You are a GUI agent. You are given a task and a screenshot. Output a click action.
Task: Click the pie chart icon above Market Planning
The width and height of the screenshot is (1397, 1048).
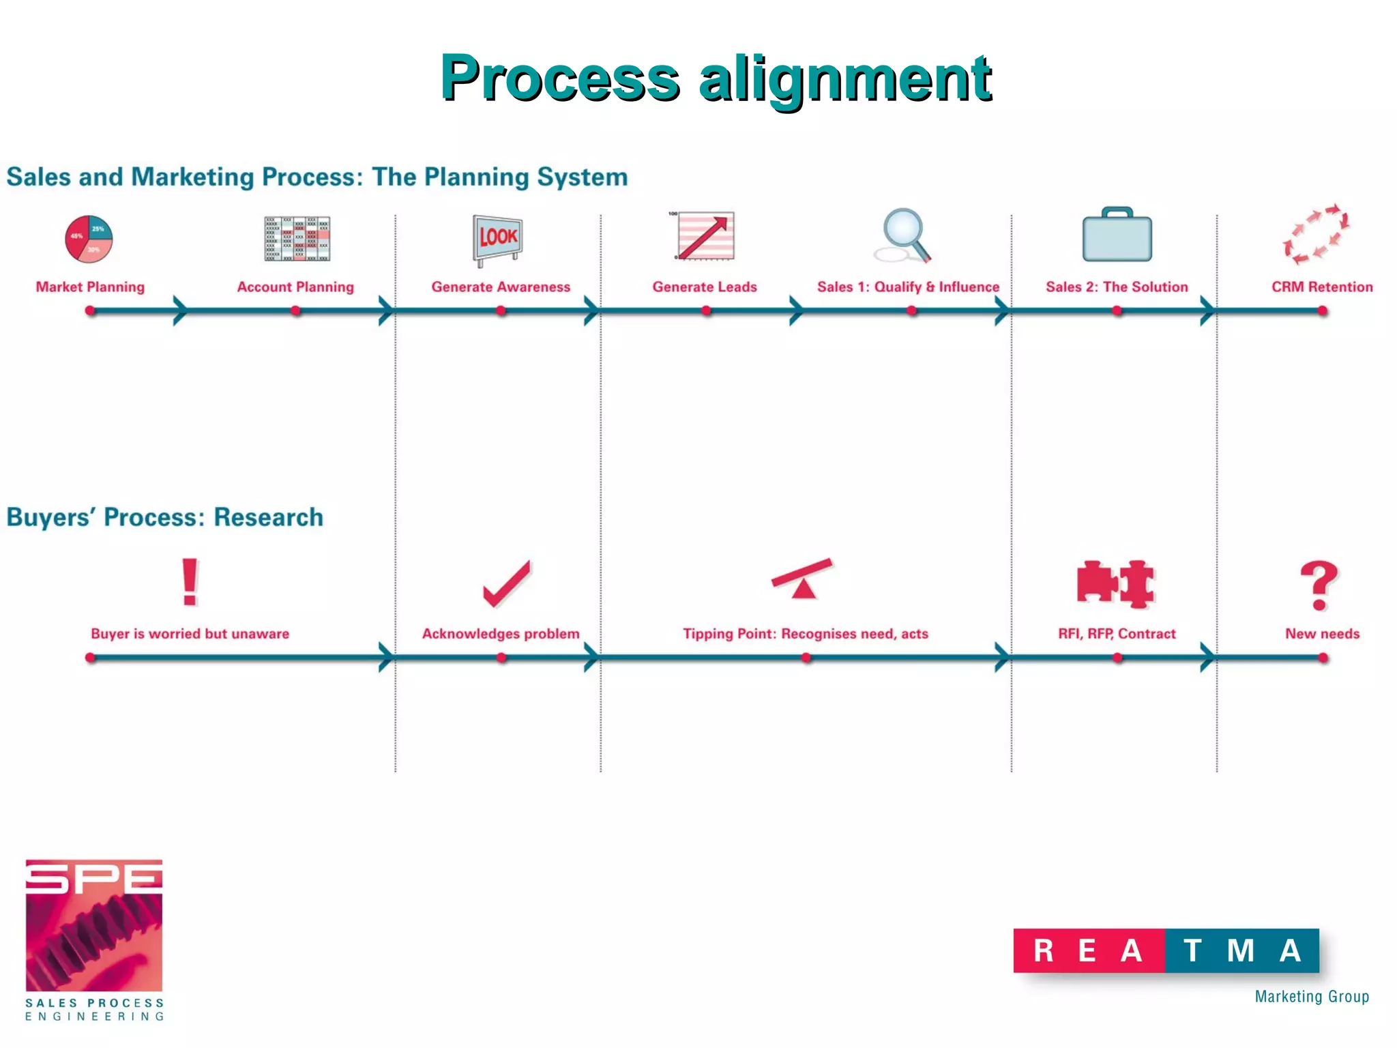coord(89,239)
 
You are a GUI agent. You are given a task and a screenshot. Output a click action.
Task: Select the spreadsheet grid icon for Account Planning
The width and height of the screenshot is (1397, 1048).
coord(297,239)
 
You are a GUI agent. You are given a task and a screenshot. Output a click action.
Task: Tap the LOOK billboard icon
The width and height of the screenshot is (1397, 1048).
coord(498,239)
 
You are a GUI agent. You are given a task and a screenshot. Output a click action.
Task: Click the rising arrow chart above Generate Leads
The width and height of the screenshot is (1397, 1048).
coord(705,236)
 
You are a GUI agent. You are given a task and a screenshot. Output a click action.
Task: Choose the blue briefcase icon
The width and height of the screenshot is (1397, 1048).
coord(1117,235)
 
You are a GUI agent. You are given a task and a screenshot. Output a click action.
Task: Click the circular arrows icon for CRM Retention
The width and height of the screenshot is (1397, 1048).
coord(1317,235)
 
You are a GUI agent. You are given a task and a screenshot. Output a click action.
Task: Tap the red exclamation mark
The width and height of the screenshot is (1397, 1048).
coord(190,582)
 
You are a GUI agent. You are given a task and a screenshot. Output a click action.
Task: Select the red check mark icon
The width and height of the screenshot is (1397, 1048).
coord(506,584)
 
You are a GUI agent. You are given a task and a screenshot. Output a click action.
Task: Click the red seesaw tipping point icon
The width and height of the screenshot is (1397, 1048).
coord(803,579)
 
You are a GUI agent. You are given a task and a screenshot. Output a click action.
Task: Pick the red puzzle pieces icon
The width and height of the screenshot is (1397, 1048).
coord(1116,584)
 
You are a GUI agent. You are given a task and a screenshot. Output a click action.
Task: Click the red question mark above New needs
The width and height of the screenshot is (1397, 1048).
coord(1319,585)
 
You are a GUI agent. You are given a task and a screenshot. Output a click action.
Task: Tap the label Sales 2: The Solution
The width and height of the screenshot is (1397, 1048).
coord(1117,287)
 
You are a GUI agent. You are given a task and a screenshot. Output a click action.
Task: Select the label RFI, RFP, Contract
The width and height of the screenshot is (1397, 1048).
coord(1117,634)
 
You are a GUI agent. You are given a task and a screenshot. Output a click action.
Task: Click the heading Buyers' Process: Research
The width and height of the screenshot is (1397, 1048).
coord(164,517)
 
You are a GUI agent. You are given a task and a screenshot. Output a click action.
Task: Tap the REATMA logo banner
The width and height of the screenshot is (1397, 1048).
coord(1166,950)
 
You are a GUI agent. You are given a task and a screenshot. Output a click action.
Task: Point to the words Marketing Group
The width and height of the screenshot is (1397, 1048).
coord(1312,997)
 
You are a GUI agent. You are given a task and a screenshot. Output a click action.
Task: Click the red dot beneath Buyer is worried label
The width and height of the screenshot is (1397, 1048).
coord(91,658)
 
